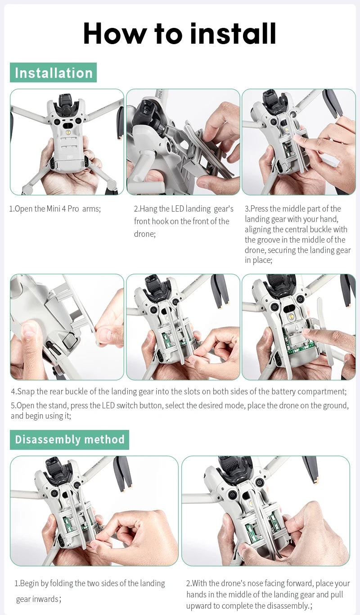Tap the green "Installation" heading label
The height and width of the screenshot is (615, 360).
[x=53, y=72]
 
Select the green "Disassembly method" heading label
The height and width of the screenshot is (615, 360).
[x=69, y=439]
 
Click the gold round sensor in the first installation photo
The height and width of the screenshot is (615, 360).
[x=68, y=133]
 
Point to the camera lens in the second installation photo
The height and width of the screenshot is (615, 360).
[x=145, y=110]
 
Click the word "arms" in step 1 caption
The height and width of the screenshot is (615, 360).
[x=91, y=209]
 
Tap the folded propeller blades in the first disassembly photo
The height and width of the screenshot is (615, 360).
[x=122, y=473]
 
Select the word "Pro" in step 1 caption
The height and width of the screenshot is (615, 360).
[x=73, y=209]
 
